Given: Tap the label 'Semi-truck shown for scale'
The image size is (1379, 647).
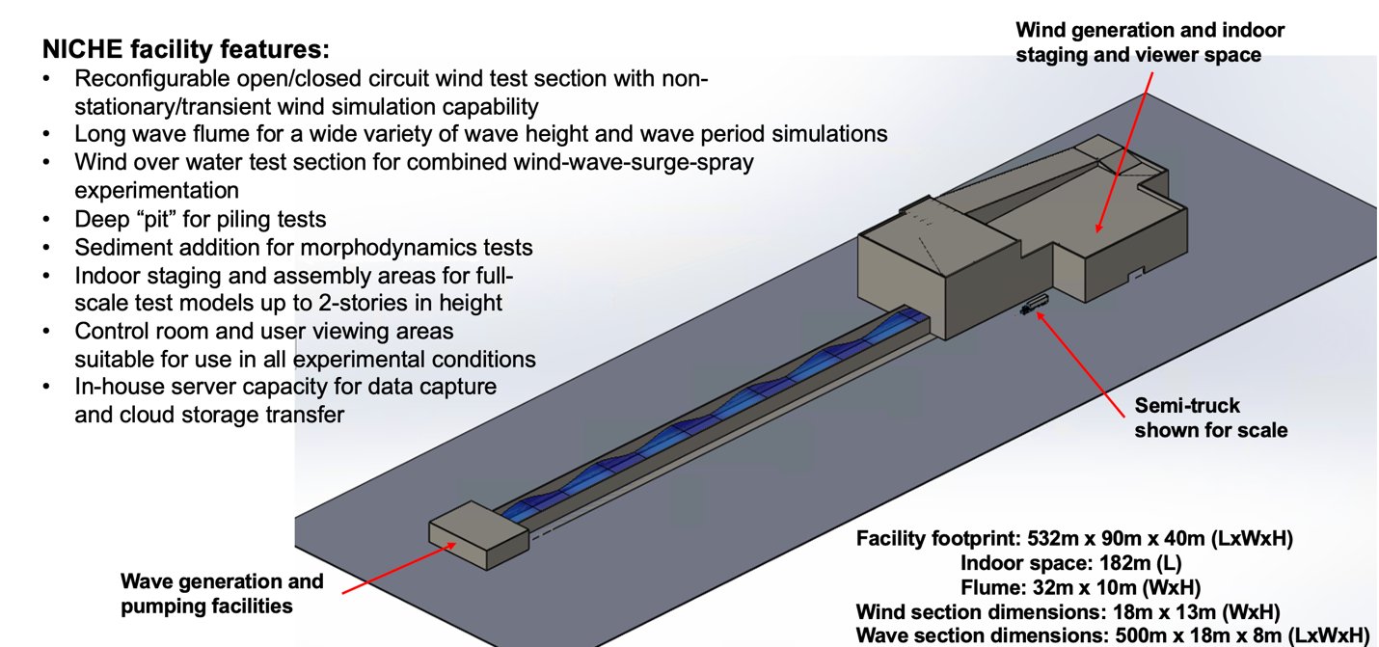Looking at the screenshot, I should click(1210, 418).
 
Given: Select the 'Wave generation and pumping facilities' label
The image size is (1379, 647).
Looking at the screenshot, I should click(222, 594).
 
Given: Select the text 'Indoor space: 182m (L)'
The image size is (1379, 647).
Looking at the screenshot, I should click(1071, 562).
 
